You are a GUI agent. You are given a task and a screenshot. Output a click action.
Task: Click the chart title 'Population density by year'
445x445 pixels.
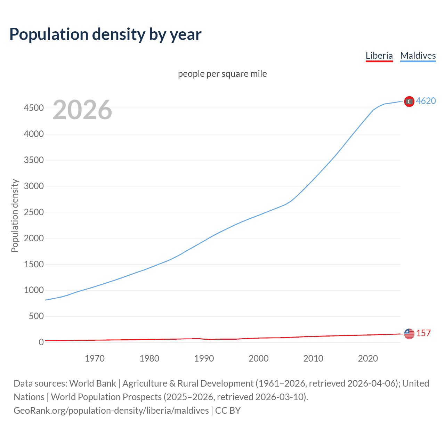pyautogui.click(x=105, y=34)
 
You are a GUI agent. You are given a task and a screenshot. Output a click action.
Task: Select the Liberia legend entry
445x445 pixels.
pyautogui.click(x=379, y=56)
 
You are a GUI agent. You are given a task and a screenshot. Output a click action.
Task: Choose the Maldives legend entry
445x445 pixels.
pyautogui.click(x=418, y=56)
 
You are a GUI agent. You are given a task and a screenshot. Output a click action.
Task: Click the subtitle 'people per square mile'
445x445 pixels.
pyautogui.click(x=222, y=74)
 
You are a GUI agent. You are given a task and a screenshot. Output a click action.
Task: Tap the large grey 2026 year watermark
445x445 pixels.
pyautogui.click(x=82, y=110)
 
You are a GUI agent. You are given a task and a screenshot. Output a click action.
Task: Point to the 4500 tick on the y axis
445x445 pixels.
pyautogui.click(x=34, y=108)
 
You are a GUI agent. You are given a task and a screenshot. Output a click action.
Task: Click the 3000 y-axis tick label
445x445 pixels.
pyautogui.click(x=34, y=186)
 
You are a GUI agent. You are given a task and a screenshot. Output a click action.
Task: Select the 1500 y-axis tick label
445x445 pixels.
pyautogui.click(x=34, y=264)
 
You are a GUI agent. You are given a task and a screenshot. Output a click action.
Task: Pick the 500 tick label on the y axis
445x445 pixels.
pyautogui.click(x=36, y=316)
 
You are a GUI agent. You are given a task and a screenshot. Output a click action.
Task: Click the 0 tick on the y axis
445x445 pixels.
pyautogui.click(x=41, y=342)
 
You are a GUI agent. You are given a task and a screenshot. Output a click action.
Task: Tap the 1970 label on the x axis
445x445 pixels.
pyautogui.click(x=95, y=358)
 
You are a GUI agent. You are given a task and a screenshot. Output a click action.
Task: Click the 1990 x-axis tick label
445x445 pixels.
pyautogui.click(x=204, y=358)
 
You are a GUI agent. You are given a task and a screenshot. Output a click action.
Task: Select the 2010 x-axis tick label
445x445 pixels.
pyautogui.click(x=313, y=358)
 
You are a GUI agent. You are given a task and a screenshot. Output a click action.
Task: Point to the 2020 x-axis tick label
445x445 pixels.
pyautogui.click(x=368, y=358)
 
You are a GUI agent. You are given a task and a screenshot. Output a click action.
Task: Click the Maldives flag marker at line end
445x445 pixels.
pyautogui.click(x=409, y=101)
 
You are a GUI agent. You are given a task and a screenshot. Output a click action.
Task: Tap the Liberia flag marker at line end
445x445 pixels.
pyautogui.click(x=409, y=334)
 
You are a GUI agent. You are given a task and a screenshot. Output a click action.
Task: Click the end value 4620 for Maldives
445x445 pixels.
pyautogui.click(x=426, y=101)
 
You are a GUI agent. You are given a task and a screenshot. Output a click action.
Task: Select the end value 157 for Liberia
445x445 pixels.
pyautogui.click(x=423, y=333)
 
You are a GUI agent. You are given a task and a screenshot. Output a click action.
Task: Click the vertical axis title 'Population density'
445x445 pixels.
pyautogui.click(x=15, y=216)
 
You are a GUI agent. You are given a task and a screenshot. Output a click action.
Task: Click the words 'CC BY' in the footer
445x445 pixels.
pyautogui.click(x=228, y=411)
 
